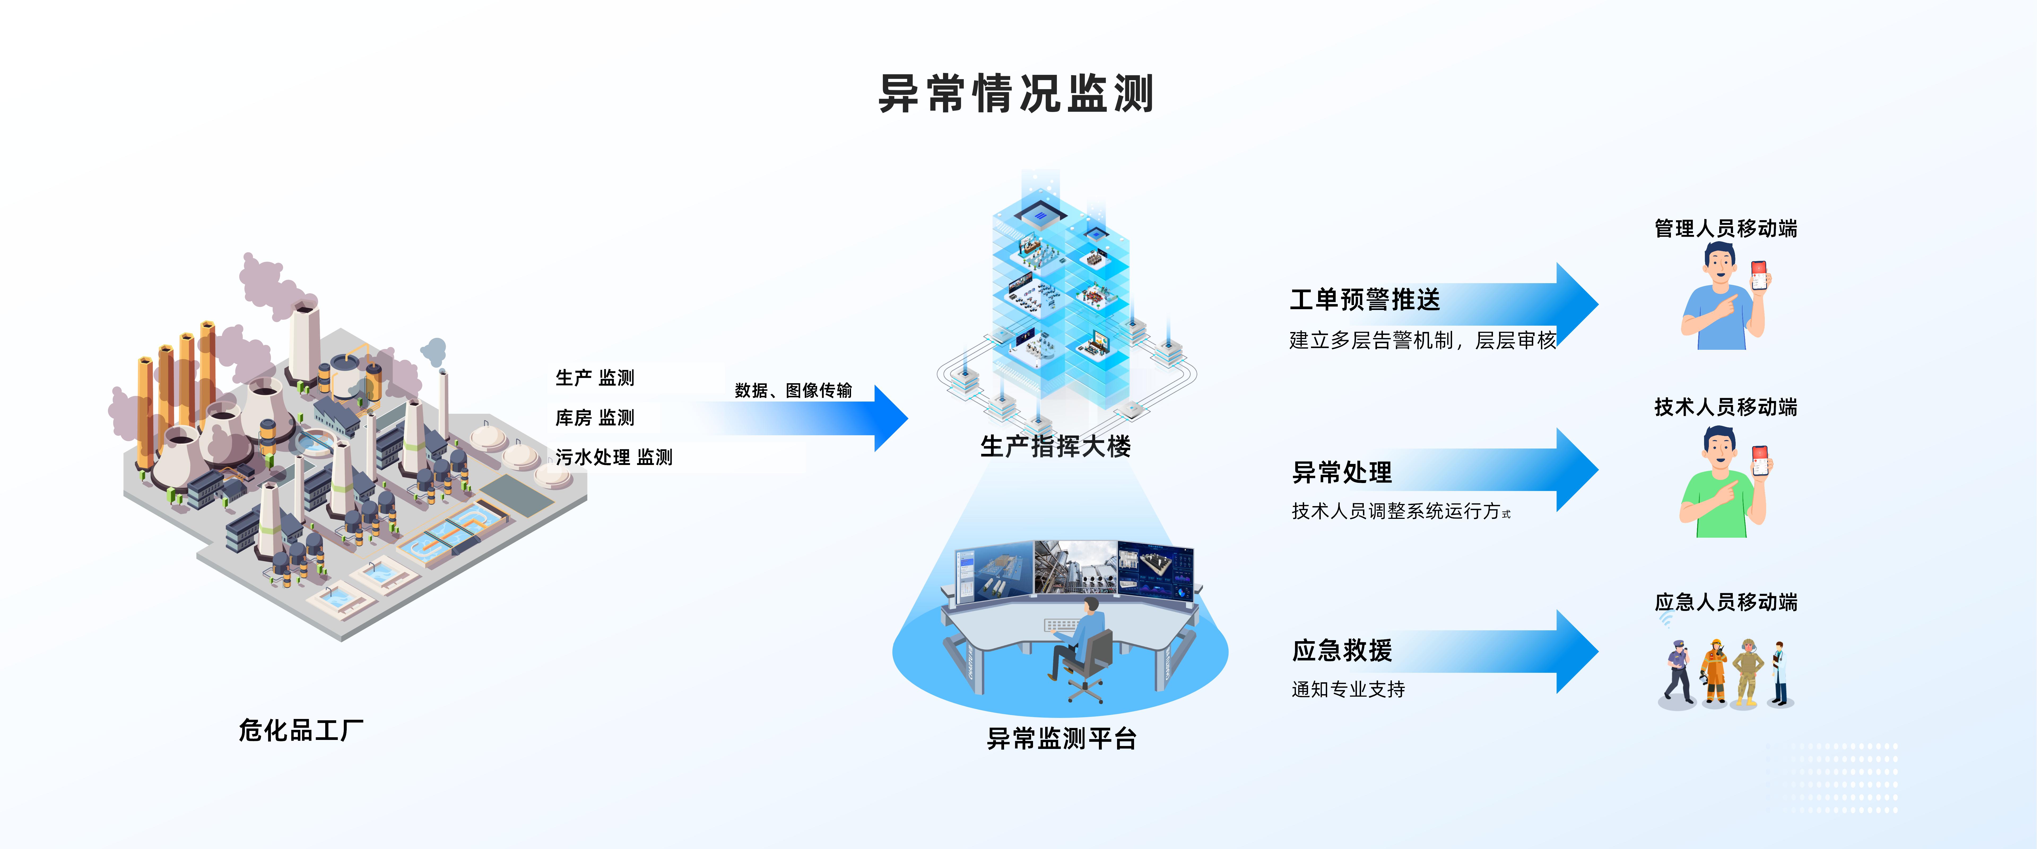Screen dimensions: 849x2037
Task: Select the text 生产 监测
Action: pyautogui.click(x=595, y=377)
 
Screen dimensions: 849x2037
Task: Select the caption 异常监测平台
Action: pyautogui.click(x=1061, y=738)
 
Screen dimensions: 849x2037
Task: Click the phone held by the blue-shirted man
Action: pyautogui.click(x=1759, y=275)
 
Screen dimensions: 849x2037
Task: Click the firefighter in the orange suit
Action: pyautogui.click(x=1714, y=673)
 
